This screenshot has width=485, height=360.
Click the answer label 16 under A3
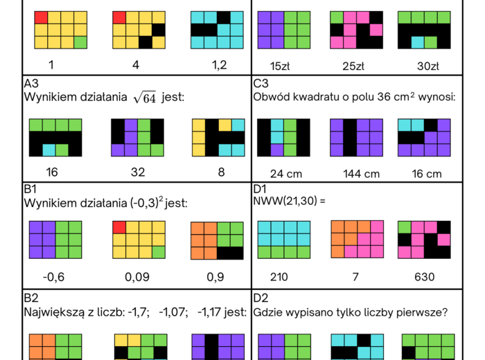point(51,172)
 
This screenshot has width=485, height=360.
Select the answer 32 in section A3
point(137,172)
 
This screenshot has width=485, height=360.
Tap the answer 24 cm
point(284,174)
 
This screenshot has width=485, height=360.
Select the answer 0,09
point(139,277)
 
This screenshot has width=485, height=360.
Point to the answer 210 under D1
point(279,277)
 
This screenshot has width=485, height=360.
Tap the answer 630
point(424,277)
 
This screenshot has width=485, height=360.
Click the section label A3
point(31,83)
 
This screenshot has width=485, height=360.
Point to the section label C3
point(261,83)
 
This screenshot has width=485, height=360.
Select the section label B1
point(31,189)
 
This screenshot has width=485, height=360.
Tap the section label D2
point(261,298)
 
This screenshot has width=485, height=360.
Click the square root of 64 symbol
point(144,98)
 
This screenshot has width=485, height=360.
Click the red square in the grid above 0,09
point(119,227)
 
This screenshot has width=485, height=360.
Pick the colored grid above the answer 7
point(357,240)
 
